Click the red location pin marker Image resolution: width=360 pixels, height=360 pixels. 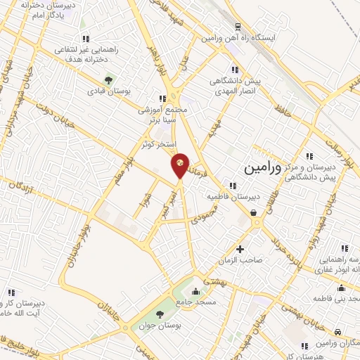(x=181, y=165)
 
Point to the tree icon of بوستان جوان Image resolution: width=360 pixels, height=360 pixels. (x=160, y=314)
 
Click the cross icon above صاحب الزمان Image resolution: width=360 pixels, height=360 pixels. (x=240, y=249)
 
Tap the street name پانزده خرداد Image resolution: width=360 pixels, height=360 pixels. (x=288, y=256)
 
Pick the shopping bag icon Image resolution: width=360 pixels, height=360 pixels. (x=252, y=212)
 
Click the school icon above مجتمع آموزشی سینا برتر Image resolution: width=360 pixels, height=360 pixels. (x=162, y=98)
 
